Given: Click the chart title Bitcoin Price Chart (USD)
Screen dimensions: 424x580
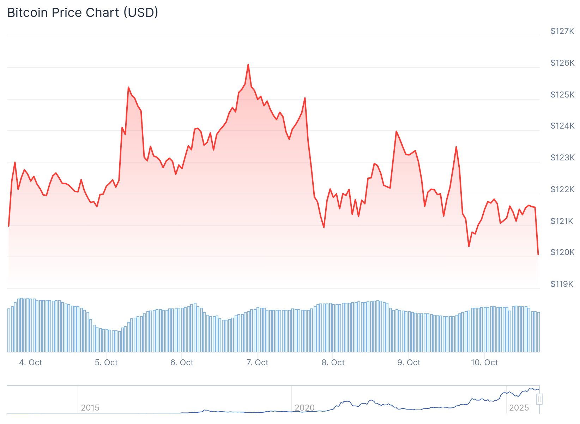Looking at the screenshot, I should tap(83, 13).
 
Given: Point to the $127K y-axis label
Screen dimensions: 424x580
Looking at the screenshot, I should tap(562, 31).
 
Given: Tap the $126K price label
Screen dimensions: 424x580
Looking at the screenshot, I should tap(562, 63).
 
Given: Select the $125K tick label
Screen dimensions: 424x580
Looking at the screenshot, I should tap(562, 95).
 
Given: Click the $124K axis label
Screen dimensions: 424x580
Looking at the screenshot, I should tap(562, 126).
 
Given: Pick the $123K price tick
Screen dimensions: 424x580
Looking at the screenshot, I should tap(562, 158).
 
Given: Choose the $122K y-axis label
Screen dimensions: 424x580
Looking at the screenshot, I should tap(562, 189).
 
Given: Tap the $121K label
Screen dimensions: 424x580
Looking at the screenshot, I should tap(562, 221).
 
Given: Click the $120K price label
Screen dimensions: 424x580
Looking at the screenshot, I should tap(562, 252).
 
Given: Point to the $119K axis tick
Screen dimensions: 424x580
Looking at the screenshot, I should tap(562, 284).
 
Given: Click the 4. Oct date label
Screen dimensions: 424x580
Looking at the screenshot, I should tap(31, 363).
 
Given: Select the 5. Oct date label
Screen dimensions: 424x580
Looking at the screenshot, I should tap(106, 363).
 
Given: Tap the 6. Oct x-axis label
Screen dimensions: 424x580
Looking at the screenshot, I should tap(182, 363).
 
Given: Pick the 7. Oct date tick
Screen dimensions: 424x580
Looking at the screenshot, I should tap(257, 363).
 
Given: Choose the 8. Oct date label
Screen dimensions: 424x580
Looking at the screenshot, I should tap(333, 363).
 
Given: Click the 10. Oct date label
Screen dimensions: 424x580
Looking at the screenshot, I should tap(484, 363).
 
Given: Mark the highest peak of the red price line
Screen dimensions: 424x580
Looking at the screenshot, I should tap(248, 65).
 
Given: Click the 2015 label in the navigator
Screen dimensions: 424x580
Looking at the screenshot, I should tap(90, 408).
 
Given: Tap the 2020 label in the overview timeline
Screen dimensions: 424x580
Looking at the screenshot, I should tap(304, 408).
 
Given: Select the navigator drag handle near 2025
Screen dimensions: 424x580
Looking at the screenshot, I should tap(539, 399).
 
